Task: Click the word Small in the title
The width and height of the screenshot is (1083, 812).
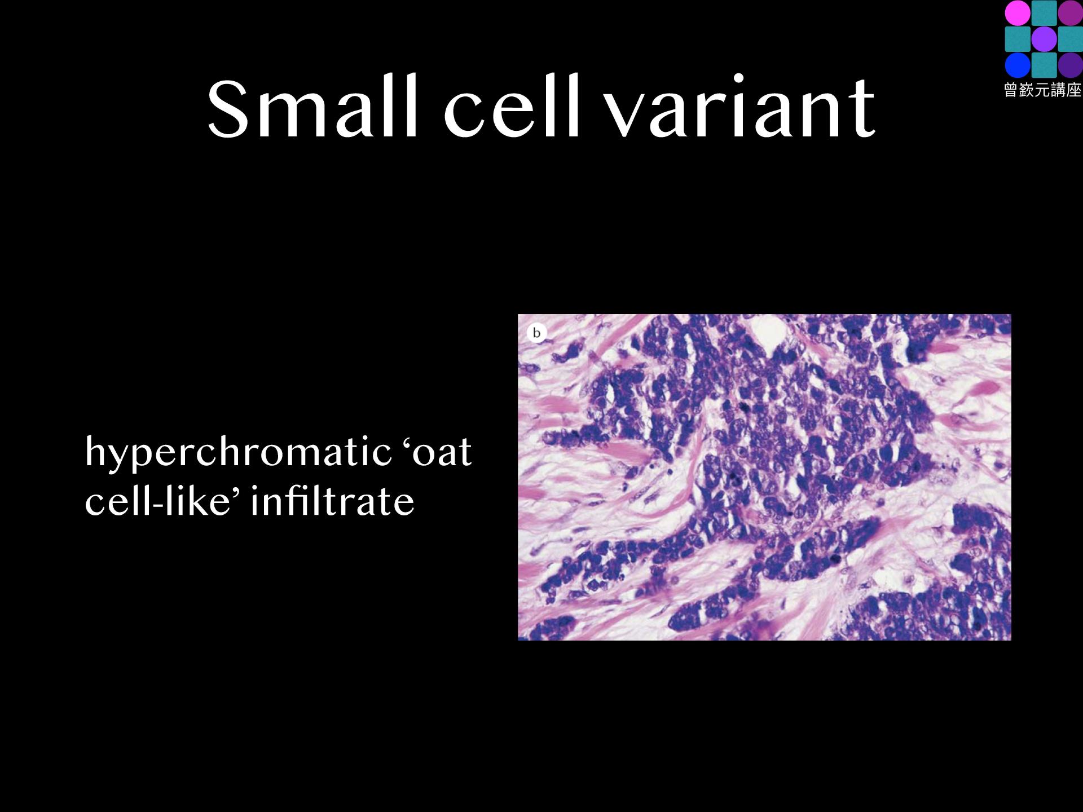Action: coord(312,107)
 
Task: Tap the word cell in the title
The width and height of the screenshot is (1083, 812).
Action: coord(512,107)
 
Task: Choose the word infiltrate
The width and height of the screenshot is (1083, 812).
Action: coord(333,500)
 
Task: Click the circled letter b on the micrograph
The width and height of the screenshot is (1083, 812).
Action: coord(536,333)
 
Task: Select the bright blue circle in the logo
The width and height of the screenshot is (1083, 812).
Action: coord(1017,65)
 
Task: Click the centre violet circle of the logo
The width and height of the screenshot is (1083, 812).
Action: coord(1044,39)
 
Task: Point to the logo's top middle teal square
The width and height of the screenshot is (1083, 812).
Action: coord(1044,13)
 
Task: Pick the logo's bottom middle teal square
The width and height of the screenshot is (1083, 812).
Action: coord(1044,65)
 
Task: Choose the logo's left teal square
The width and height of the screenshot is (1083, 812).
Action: coord(1017,39)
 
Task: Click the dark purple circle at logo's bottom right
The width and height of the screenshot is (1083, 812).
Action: coord(1070,65)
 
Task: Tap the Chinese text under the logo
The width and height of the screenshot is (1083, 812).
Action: coord(1043,90)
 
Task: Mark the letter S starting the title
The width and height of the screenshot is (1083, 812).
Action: coord(228,108)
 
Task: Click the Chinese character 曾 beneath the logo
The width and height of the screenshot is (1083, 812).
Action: coord(1012,90)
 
